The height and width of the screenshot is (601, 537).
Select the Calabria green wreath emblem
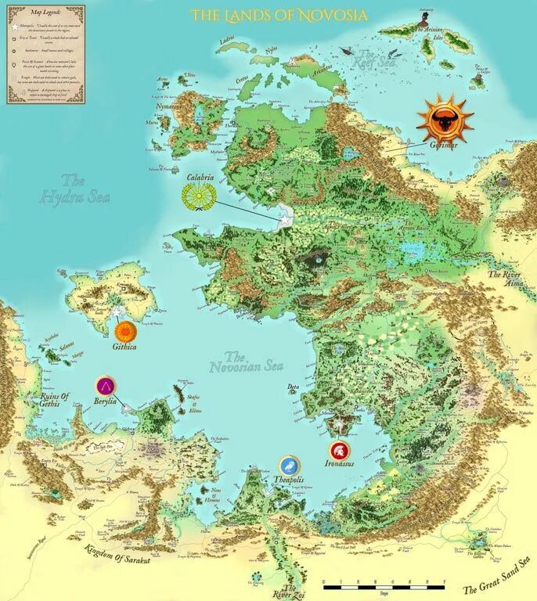click(x=197, y=196)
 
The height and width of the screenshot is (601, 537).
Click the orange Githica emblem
click(x=124, y=329)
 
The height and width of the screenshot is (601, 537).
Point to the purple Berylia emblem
click(x=105, y=385)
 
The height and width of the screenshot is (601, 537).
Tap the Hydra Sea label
click(x=74, y=189)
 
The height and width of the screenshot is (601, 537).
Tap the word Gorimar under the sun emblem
click(x=442, y=146)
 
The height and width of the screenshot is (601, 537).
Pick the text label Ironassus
click(x=339, y=463)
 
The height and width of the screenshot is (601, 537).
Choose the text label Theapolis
click(x=289, y=478)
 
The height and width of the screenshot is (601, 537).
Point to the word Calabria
click(x=200, y=177)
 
